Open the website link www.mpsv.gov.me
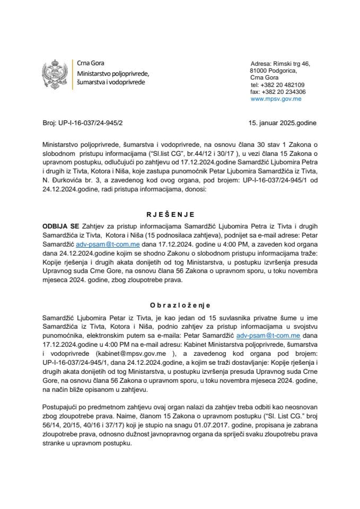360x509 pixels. [276, 99]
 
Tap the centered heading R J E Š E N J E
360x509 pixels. [179, 215]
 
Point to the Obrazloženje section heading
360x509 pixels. [179, 305]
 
